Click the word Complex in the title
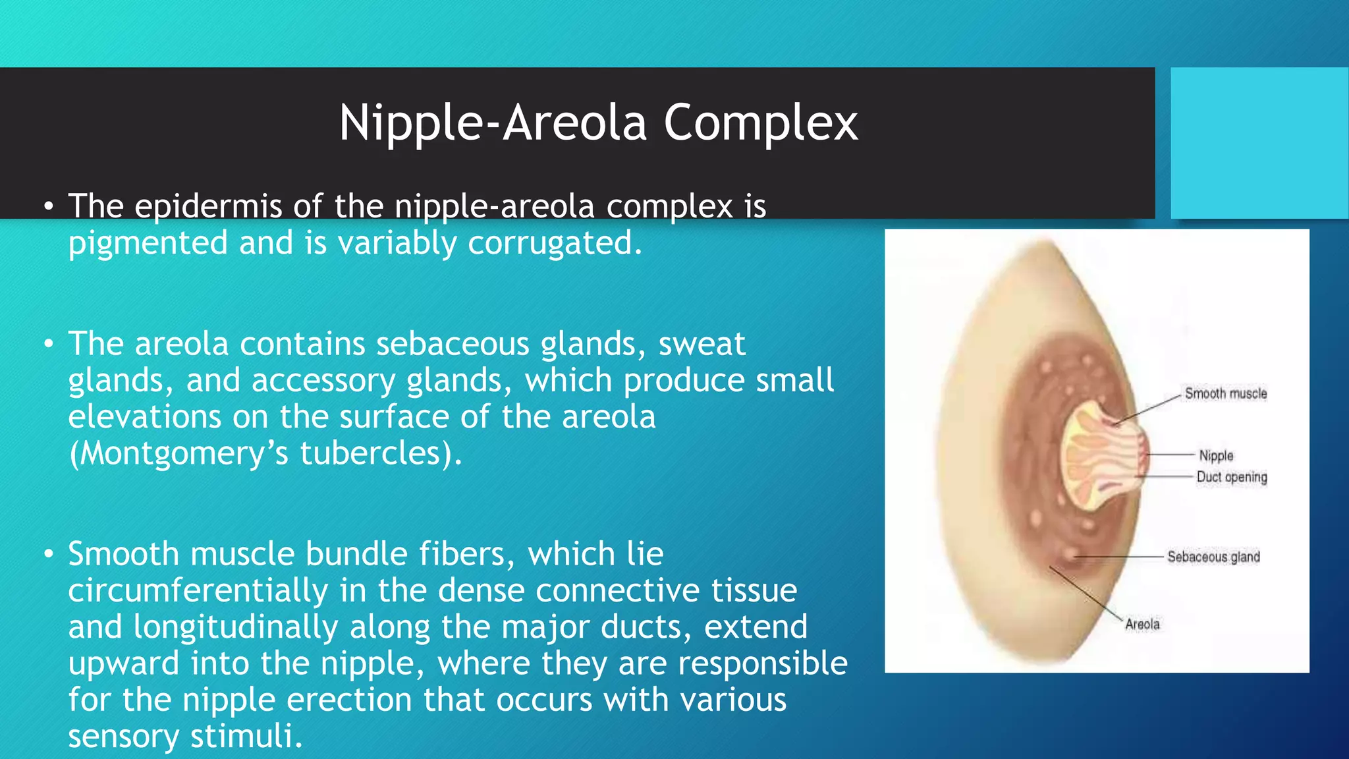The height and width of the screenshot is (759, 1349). tap(761, 123)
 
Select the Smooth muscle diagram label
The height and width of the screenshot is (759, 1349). tap(1225, 393)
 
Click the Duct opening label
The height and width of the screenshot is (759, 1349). tap(1231, 476)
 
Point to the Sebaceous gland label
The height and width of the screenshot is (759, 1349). tap(1213, 557)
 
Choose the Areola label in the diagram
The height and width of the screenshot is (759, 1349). tap(1142, 624)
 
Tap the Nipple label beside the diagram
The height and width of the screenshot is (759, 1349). tap(1215, 455)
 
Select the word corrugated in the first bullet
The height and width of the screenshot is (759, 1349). tap(554, 242)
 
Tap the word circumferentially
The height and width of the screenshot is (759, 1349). tap(198, 590)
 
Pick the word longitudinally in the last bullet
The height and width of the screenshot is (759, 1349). tap(235, 627)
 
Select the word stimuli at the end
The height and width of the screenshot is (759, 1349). tap(246, 736)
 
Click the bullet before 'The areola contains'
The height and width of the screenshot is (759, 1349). tap(48, 345)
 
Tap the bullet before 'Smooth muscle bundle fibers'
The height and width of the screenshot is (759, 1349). tap(48, 555)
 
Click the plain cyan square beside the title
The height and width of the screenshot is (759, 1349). tap(1259, 143)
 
